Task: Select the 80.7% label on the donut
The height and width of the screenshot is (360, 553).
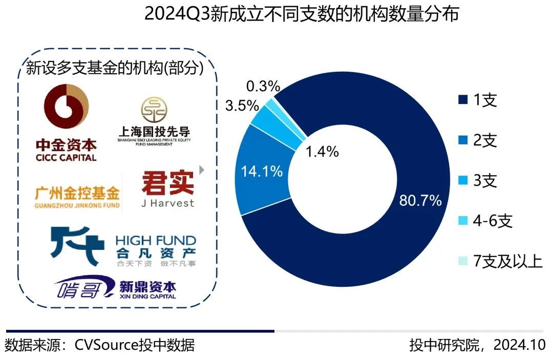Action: (x=420, y=200)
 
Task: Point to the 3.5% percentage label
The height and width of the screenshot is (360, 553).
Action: (x=242, y=105)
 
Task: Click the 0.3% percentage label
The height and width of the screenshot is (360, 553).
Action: (x=263, y=84)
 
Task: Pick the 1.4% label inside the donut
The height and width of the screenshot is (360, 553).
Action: (x=323, y=151)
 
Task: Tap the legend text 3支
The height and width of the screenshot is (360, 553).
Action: (x=484, y=181)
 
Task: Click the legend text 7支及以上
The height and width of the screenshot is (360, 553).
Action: (x=507, y=261)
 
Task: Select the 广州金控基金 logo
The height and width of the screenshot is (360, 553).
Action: (x=77, y=193)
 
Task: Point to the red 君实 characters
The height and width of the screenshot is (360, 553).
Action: (x=167, y=183)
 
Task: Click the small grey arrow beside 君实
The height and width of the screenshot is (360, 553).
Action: (x=201, y=169)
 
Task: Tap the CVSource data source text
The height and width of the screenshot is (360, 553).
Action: (x=100, y=345)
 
